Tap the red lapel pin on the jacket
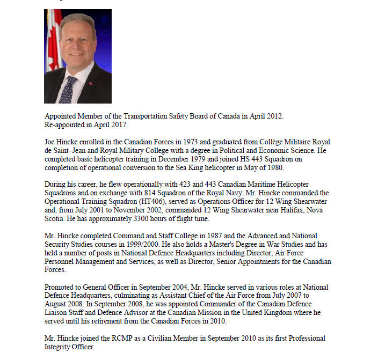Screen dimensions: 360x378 90,83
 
